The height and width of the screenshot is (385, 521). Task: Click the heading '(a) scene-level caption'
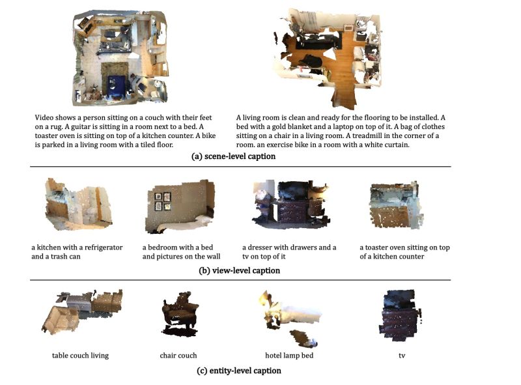pyautogui.click(x=233, y=156)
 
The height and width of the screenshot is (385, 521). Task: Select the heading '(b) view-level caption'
pyautogui.click(x=239, y=270)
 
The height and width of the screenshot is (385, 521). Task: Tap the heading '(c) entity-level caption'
pyautogui.click(x=239, y=371)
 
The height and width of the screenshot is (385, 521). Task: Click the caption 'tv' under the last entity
pyautogui.click(x=402, y=356)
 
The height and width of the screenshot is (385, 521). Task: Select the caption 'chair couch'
pyautogui.click(x=178, y=356)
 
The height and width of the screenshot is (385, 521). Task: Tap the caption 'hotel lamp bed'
pyautogui.click(x=289, y=356)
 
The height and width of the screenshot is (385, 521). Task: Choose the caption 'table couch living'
pyautogui.click(x=80, y=356)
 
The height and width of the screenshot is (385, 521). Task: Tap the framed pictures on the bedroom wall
pyautogui.click(x=163, y=201)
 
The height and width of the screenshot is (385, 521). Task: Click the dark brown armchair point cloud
pyautogui.click(x=180, y=313)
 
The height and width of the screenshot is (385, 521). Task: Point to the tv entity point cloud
pyautogui.click(x=399, y=315)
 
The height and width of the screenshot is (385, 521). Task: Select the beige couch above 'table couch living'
pyautogui.click(x=61, y=319)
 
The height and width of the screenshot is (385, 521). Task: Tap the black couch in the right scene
pyautogui.click(x=318, y=42)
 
